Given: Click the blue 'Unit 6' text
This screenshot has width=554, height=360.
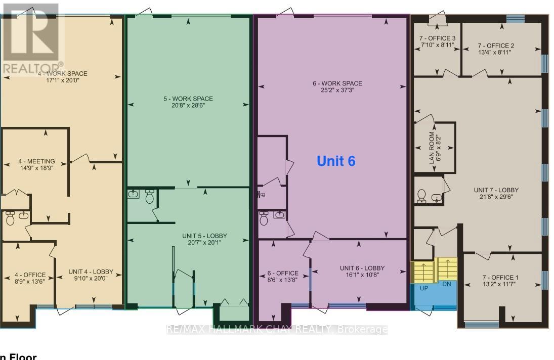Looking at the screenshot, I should [x=336, y=161].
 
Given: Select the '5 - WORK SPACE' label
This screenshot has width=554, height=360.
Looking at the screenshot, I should [x=188, y=99].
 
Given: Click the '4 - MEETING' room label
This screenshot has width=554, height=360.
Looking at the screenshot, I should [x=36, y=161].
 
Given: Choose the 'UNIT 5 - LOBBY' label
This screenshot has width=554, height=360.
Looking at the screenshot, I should [x=204, y=236].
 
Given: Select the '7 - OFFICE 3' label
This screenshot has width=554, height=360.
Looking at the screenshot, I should [x=438, y=38].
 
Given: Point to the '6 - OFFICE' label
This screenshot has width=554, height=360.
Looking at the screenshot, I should [x=283, y=274].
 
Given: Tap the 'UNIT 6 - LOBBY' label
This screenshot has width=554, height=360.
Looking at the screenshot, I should [x=362, y=268].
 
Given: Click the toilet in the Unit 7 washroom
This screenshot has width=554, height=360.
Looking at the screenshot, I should [x=422, y=195].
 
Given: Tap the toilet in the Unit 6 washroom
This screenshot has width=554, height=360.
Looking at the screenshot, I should [x=263, y=219].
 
